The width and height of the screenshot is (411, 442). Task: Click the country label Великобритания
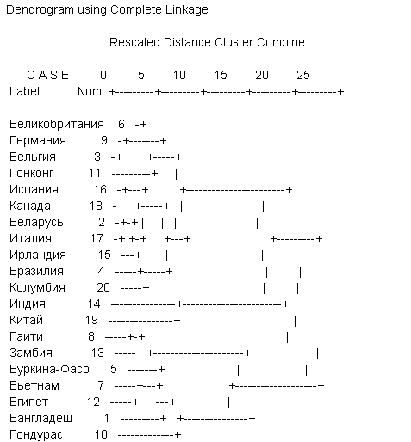pos(57,125)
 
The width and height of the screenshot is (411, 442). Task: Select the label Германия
pos(38,141)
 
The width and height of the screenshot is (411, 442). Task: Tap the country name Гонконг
pos(32,173)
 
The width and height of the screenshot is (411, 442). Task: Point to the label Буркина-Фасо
pos(49,369)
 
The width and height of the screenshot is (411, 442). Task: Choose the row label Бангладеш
pos(40,419)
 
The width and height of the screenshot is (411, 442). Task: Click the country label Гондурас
pos(36,435)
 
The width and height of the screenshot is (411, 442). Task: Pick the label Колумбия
pos(37,287)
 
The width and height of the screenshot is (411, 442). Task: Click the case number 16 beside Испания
pos(100,189)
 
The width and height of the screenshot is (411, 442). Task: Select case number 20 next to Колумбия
pos(103,287)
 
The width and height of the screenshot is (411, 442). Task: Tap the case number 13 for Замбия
pos(97,353)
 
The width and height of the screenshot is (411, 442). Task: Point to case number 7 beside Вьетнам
pos(101,385)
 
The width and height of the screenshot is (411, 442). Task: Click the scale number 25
pos(303,75)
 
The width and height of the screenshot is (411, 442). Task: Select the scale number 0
pos(103,75)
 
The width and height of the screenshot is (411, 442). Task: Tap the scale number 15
pos(221,75)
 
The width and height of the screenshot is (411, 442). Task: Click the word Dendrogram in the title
pos(40,10)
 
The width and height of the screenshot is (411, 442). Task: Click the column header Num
pos(90,92)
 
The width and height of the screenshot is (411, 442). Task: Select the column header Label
pos(24,91)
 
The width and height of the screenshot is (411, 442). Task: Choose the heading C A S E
pos(47,75)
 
